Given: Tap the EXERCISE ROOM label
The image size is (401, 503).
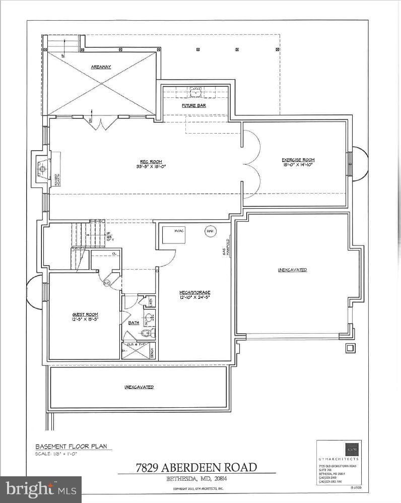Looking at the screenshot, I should tap(298, 160).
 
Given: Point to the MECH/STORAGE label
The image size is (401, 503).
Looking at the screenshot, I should tap(194, 292).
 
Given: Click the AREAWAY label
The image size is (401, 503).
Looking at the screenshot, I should tap(101, 66).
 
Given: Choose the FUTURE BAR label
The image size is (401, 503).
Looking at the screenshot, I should tap(194, 106).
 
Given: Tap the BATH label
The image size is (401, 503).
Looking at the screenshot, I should tap(133, 322).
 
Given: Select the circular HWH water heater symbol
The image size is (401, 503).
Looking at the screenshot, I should tap(210, 231).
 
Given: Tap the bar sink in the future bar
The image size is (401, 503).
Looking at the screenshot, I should tap(195, 93).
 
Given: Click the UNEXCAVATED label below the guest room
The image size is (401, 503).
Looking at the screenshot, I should tap(139, 387).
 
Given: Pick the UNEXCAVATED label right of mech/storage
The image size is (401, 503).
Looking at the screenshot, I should tap(292, 270).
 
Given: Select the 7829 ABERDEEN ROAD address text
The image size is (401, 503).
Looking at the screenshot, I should tap(196, 467).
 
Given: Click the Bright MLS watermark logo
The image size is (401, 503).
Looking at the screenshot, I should tap(41, 489).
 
